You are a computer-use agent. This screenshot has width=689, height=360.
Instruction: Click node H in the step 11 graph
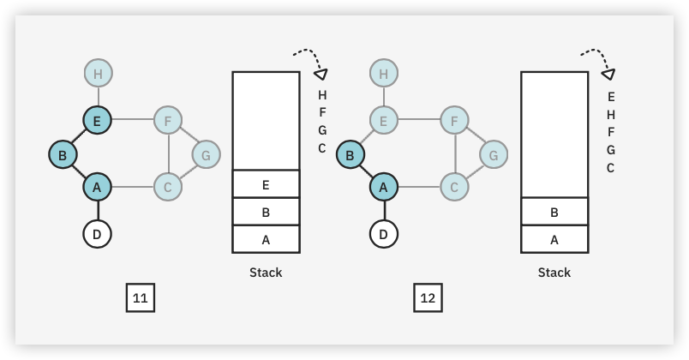coord(98,74)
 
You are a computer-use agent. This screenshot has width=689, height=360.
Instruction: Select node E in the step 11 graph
coord(97,121)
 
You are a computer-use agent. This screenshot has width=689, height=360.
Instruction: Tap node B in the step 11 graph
coord(63,155)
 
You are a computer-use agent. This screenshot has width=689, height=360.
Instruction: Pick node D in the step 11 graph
coord(98,233)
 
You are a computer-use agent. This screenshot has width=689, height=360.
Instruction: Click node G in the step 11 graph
coord(205,155)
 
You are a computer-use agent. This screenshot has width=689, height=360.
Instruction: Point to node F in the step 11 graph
coord(168,121)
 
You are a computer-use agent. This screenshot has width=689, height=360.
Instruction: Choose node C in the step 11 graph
coord(168,186)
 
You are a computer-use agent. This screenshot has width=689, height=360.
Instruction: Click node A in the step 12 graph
coord(383,186)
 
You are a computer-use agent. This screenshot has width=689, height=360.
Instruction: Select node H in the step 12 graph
coord(383,74)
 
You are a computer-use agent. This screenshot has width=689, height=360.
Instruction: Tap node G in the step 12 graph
coord(492,155)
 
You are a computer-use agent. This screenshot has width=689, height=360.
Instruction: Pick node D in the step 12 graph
coord(383,233)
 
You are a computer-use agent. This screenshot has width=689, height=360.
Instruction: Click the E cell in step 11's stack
coord(266,184)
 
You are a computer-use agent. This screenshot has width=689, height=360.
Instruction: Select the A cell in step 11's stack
coord(266,239)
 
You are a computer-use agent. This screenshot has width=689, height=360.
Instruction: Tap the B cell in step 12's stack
coord(554,212)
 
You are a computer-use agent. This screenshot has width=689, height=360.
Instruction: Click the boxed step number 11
coord(141,298)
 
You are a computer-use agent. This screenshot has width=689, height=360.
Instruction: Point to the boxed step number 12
coord(428,298)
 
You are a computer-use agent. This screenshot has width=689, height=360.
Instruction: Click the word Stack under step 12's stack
coord(554,273)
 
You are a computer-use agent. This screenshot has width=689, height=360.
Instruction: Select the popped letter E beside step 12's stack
coord(610,97)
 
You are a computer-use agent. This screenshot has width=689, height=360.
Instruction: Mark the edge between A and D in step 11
coord(98,209)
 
